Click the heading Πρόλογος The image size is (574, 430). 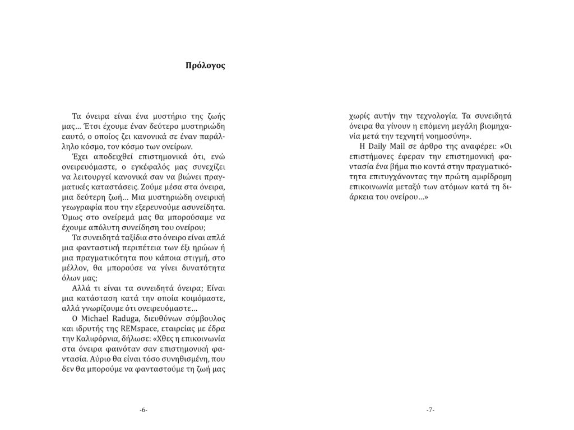(205, 66)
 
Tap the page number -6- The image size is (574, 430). (143, 410)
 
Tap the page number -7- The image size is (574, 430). (430, 410)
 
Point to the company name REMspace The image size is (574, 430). (128, 329)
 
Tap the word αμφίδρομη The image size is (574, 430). (492, 177)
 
